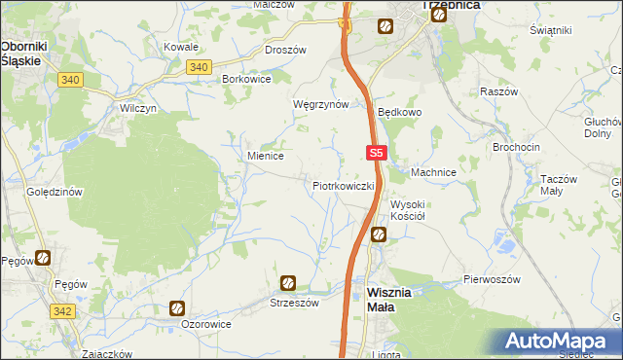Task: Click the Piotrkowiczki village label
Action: [x=344, y=184]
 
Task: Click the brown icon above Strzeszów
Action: [x=288, y=283]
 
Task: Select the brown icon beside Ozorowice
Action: [x=176, y=308]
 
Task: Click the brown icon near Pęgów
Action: [x=44, y=258]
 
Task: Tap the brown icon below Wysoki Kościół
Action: [x=378, y=234]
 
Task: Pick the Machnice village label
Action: [x=433, y=172]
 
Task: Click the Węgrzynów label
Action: [x=320, y=104]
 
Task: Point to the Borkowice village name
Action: [x=247, y=77]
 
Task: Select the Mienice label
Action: [x=266, y=155]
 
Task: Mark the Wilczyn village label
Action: [x=138, y=108]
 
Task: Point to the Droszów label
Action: [x=286, y=49]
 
